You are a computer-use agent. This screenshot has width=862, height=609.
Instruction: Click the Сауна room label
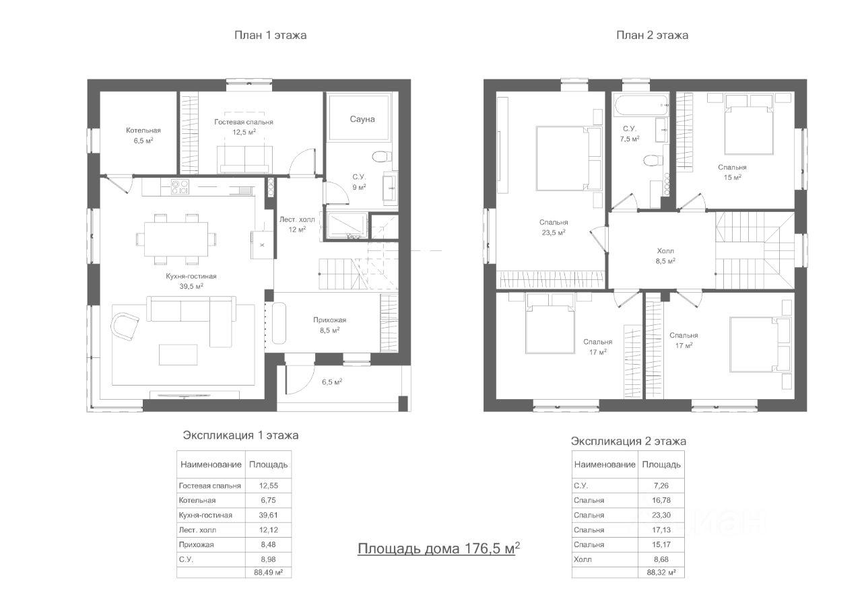point(362,119)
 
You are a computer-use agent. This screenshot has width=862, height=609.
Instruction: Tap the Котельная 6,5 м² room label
point(143,135)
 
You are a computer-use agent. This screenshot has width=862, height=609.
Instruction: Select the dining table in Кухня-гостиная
point(176,239)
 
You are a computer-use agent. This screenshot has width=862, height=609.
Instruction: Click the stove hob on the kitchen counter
point(180,187)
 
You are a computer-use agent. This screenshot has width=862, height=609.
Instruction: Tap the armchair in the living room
point(125,326)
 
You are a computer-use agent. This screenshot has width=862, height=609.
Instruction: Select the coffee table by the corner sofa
point(178,355)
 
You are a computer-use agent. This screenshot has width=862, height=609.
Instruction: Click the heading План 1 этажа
point(271,36)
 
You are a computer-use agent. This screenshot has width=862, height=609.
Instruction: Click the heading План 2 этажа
point(653,36)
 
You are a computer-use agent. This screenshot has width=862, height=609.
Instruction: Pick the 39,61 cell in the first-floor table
point(268,515)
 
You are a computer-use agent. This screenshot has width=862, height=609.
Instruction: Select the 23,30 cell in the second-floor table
point(661,515)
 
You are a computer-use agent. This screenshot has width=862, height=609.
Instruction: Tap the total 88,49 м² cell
point(268,573)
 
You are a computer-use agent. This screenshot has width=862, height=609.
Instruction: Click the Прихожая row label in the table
point(196,545)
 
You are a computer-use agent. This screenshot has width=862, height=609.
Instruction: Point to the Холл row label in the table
point(583,559)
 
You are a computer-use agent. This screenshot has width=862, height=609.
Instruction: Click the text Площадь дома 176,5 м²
point(438,548)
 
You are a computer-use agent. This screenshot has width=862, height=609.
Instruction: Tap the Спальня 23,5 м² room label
point(554,227)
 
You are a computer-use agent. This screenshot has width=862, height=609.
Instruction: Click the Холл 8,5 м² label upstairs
point(666,256)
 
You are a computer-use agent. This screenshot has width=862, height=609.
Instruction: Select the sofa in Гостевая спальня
point(244,159)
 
